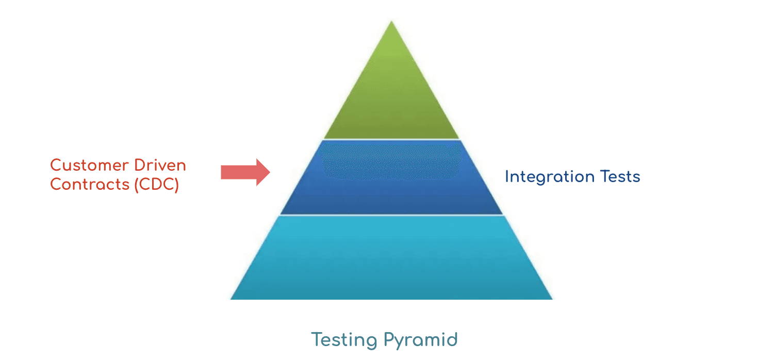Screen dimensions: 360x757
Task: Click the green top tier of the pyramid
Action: [391, 98]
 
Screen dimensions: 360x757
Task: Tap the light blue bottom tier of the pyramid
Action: [391, 258]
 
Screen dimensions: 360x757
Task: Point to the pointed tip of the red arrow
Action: [269, 172]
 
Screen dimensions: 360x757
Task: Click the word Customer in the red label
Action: [89, 166]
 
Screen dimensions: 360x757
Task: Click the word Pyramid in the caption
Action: [421, 340]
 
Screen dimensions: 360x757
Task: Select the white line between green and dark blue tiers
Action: [391, 140]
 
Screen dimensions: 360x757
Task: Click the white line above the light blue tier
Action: [391, 215]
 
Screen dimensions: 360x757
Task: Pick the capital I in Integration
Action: [507, 177]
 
